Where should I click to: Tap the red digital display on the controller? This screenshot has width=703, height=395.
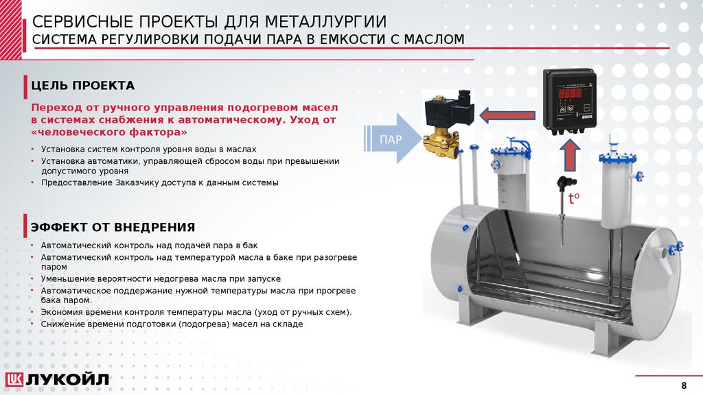click(x=569, y=93)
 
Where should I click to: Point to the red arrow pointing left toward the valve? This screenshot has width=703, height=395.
click(x=507, y=115)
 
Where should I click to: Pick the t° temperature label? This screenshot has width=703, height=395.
click(x=574, y=198)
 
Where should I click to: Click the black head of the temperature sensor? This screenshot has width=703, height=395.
click(x=566, y=182)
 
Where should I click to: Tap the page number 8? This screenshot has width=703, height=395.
click(x=684, y=385)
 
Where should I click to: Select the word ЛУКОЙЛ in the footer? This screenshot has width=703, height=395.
click(x=67, y=380)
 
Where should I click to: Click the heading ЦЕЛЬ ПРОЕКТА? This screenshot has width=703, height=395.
click(x=82, y=86)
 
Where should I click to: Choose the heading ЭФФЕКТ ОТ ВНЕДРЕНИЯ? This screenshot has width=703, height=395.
click(x=113, y=227)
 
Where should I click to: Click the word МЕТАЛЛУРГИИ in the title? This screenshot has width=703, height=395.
click(x=325, y=21)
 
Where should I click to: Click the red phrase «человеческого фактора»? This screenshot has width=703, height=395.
click(x=109, y=132)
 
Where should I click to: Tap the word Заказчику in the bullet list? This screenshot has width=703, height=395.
click(x=137, y=182)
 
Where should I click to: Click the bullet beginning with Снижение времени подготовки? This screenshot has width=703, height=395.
click(x=172, y=324)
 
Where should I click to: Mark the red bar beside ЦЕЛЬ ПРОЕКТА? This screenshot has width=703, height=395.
click(x=25, y=86)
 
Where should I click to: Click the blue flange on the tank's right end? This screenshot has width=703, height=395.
click(x=676, y=248)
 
